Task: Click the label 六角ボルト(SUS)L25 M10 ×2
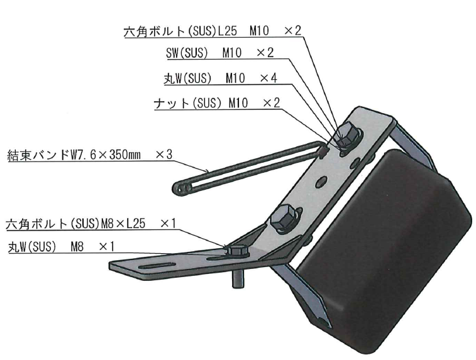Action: pos(213,31)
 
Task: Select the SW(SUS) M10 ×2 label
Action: pos(220,53)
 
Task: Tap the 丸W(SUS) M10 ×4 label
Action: pos(220,79)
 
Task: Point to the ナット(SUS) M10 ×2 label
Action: pos(217,104)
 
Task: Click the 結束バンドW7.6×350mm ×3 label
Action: pos(90,155)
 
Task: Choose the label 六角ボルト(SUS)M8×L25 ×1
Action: pos(91,224)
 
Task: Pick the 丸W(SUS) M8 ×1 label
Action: pos(62,246)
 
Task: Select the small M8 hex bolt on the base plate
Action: pos(237,251)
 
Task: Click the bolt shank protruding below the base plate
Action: pos(238,278)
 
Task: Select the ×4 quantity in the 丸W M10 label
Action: pos(268,79)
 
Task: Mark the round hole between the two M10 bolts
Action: pos(321,182)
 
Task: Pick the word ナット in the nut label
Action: pos(172,104)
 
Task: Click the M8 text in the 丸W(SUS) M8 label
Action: pos(77,246)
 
